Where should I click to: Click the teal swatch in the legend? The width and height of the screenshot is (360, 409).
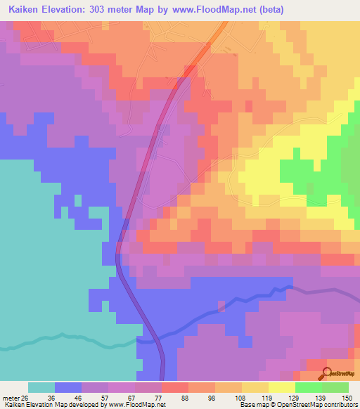[41, 387]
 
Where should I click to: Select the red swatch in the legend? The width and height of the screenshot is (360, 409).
[174, 387]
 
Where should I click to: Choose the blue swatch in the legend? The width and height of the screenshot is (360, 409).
[68, 387]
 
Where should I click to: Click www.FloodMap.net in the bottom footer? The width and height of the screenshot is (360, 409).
[139, 405]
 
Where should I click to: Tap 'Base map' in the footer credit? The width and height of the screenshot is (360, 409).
[251, 405]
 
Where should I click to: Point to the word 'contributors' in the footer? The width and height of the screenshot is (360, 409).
[342, 405]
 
